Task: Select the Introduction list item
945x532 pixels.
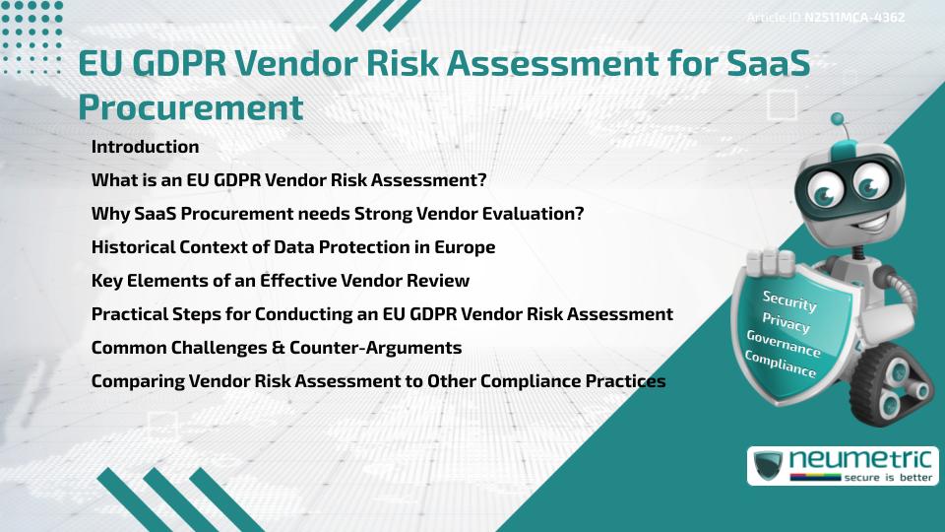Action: point(145,147)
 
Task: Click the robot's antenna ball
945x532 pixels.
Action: point(838,120)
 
